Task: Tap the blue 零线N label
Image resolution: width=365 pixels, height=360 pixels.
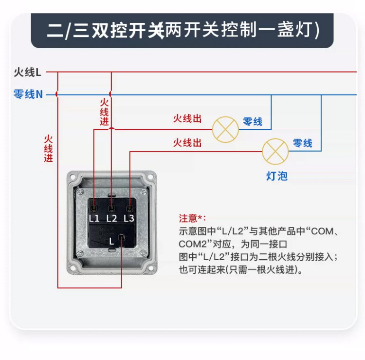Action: pos(28,94)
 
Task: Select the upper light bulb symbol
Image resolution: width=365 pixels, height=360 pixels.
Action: pos(225,129)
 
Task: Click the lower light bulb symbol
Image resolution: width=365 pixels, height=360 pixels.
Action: pos(275,151)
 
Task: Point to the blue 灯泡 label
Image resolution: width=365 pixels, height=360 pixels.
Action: pos(276,176)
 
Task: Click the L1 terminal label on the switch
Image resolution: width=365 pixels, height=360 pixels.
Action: pos(94,218)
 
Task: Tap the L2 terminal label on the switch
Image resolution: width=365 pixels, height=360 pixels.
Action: pos(111,218)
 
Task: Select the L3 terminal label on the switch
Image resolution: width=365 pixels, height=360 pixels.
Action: pos(128,218)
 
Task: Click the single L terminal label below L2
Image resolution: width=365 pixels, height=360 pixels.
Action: pos(111,241)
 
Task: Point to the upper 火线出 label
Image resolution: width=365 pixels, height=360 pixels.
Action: pos(187,119)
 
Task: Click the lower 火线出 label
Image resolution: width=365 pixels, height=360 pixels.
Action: pos(187,143)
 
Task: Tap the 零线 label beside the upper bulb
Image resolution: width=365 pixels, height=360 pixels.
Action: pos(253,121)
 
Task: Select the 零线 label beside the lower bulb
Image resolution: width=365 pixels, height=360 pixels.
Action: pos(302,143)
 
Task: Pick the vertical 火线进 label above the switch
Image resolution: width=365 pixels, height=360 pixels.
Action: pos(104,112)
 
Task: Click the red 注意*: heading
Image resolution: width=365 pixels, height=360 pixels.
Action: pos(193,218)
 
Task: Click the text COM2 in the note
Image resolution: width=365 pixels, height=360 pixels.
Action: pos(193,244)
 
